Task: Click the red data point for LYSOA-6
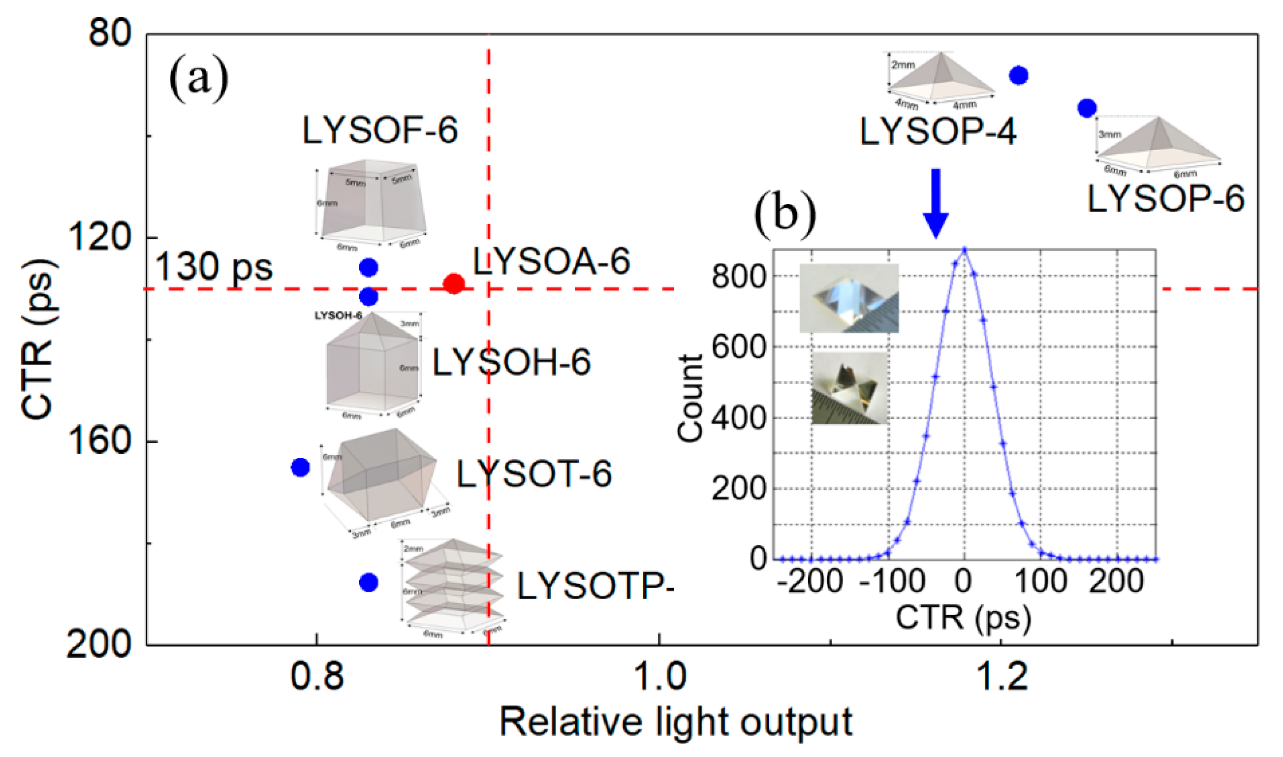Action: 453,283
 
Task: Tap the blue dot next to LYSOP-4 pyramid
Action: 1018,75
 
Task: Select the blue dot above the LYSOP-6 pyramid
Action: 1087,108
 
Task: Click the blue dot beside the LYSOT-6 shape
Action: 300,467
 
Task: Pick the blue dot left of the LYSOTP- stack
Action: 368,582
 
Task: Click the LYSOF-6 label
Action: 380,130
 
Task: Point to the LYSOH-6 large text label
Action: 511,363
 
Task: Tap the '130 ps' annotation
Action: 213,266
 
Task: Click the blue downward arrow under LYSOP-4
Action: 935,203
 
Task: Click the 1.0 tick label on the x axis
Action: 659,676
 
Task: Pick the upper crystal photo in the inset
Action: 849,298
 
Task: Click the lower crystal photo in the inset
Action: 849,388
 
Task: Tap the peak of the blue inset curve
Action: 964,250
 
